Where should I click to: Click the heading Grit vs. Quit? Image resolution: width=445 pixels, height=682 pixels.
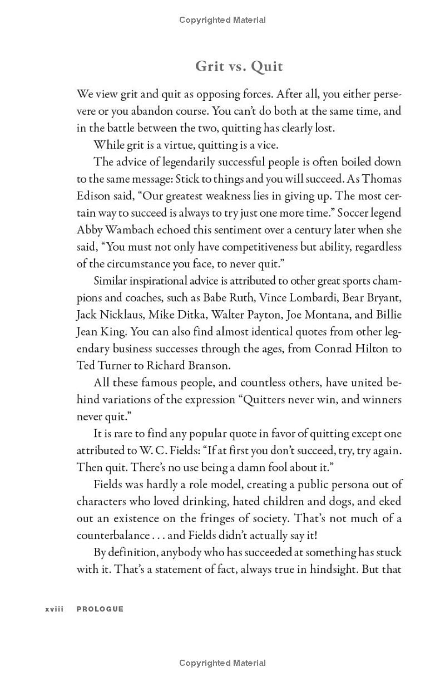pos(239,66)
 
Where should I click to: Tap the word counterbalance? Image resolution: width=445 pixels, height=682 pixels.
pos(112,535)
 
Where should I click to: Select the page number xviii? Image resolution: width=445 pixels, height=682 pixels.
pos(55,609)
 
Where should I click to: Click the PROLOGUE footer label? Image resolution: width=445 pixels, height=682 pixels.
pos(100,609)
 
